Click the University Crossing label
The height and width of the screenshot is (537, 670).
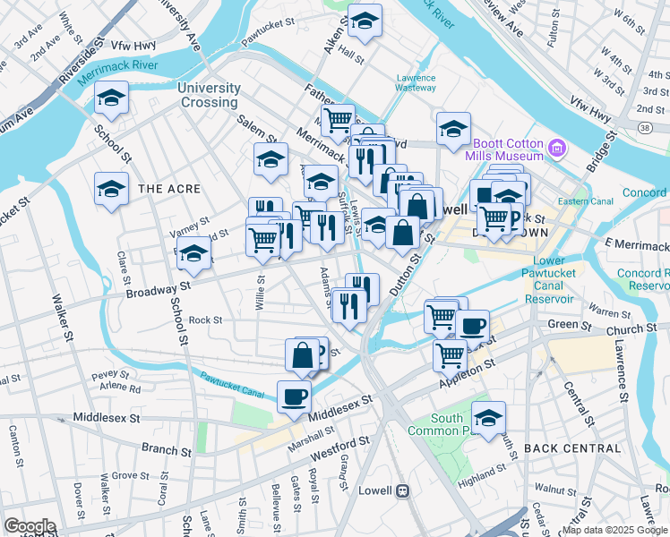click(209, 95)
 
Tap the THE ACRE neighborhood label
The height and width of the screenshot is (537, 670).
click(162, 189)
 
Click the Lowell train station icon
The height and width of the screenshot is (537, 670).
click(403, 490)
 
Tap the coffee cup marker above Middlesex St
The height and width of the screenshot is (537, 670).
click(293, 396)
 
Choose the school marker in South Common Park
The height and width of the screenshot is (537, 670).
click(488, 418)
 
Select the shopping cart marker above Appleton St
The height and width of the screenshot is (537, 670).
click(449, 354)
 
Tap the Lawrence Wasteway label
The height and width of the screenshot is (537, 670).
click(416, 82)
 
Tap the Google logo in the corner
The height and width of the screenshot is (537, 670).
click(29, 526)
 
